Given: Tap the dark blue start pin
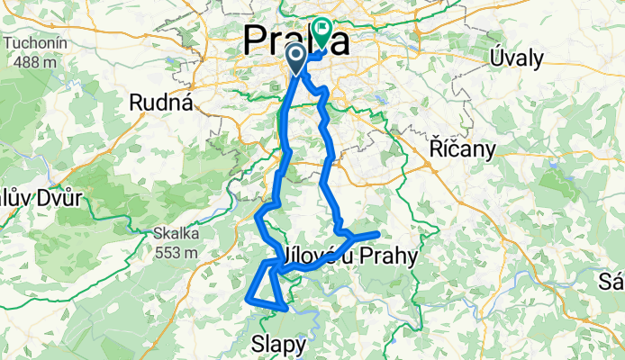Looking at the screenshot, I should tap(295, 58).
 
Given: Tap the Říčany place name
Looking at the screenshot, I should tap(462, 150).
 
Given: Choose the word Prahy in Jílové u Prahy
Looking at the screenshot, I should tap(389, 257).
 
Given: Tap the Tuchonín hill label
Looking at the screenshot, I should tap(33, 43).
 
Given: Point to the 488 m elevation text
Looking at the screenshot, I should tap(33, 62).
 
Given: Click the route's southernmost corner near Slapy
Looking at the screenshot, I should tap(285, 308).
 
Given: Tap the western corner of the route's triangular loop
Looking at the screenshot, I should tap(248, 293).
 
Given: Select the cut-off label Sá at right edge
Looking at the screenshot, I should tap(612, 285).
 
